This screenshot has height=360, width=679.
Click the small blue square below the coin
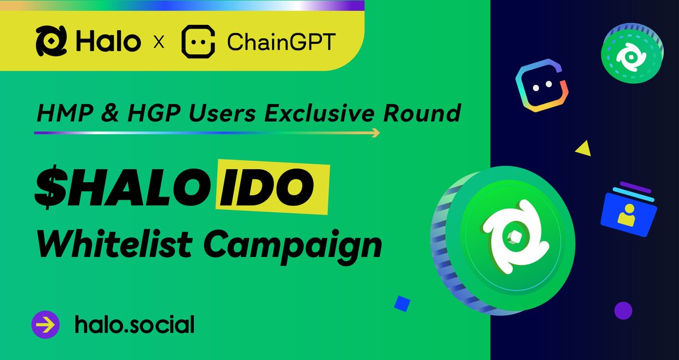pos(402,303)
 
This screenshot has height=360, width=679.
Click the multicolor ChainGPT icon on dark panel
pos(542,86)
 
